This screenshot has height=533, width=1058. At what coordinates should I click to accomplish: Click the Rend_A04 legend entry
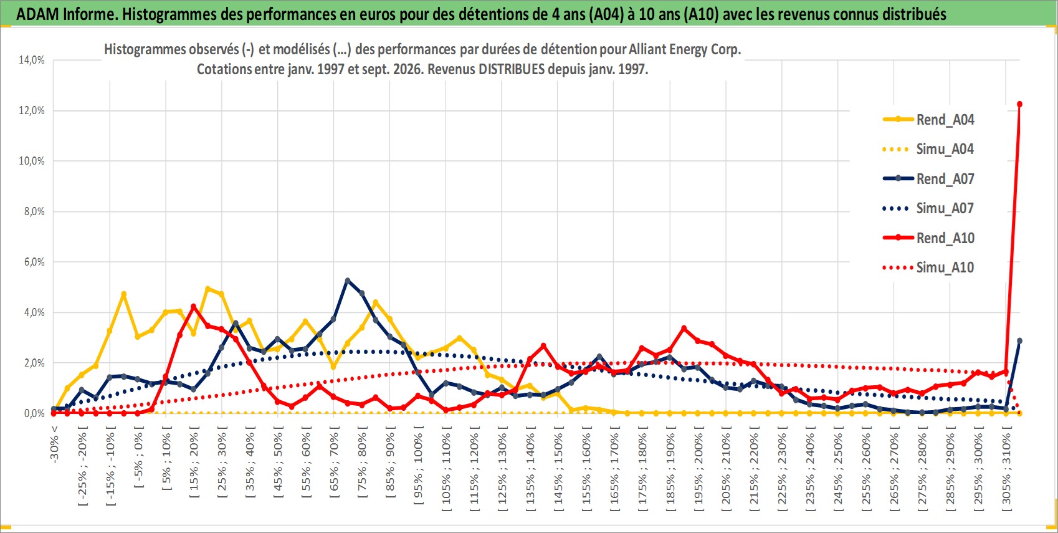point(928,120)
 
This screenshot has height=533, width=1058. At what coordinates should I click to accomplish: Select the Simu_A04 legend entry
point(928,150)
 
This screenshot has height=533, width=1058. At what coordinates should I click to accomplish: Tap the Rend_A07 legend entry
point(928,179)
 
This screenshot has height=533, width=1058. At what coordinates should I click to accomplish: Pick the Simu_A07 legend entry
point(928,208)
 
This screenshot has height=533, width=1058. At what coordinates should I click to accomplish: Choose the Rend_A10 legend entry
point(928,238)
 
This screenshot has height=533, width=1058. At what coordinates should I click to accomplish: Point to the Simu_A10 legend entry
point(928,267)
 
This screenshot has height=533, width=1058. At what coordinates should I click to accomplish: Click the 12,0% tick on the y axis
point(32,110)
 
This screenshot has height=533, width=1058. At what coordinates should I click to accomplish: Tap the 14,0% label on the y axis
point(32,60)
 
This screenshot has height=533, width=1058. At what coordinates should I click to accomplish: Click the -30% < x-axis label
point(54,444)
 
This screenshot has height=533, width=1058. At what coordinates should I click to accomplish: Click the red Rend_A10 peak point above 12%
point(1019,105)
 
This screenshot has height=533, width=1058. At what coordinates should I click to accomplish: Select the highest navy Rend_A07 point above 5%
point(348,281)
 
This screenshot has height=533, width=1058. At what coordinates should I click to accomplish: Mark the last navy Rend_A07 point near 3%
point(1019,341)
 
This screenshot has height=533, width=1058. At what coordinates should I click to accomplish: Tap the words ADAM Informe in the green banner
point(67,14)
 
